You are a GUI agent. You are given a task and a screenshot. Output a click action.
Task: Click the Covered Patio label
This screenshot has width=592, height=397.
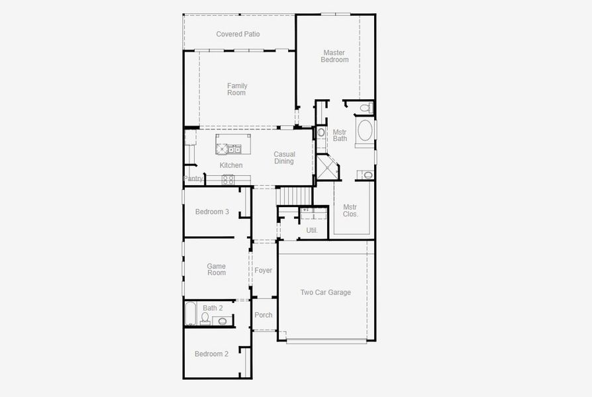(238, 34)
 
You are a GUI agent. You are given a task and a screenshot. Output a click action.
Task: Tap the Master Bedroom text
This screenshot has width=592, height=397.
(334, 56)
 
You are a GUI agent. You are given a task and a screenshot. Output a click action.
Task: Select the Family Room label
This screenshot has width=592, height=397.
(236, 89)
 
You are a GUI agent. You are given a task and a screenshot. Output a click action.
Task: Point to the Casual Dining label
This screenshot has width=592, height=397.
(284, 157)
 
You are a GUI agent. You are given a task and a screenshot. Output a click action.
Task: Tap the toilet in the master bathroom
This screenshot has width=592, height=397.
(364, 107)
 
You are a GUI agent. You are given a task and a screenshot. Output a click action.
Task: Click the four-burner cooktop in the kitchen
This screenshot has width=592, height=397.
(228, 179)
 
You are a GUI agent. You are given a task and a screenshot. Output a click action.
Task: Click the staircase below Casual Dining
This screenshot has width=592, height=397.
(293, 196)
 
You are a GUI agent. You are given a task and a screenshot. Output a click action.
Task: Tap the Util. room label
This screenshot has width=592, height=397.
(312, 230)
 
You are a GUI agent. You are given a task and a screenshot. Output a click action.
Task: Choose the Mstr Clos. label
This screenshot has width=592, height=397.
(350, 210)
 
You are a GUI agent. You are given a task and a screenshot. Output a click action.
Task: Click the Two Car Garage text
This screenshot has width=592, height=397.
(325, 292)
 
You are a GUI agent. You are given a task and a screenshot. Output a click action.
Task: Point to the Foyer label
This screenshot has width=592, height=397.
(264, 270)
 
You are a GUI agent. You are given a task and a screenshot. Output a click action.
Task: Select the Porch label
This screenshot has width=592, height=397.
(264, 315)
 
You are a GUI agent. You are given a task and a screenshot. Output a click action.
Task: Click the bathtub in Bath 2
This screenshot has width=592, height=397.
(191, 314)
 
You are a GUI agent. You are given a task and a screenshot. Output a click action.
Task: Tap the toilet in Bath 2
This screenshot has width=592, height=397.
(205, 319)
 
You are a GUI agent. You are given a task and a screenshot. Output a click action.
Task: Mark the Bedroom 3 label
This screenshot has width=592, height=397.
(212, 212)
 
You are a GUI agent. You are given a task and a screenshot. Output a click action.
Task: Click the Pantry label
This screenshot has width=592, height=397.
(193, 179)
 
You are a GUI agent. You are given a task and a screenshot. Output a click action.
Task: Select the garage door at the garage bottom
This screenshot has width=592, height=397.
(326, 341)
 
